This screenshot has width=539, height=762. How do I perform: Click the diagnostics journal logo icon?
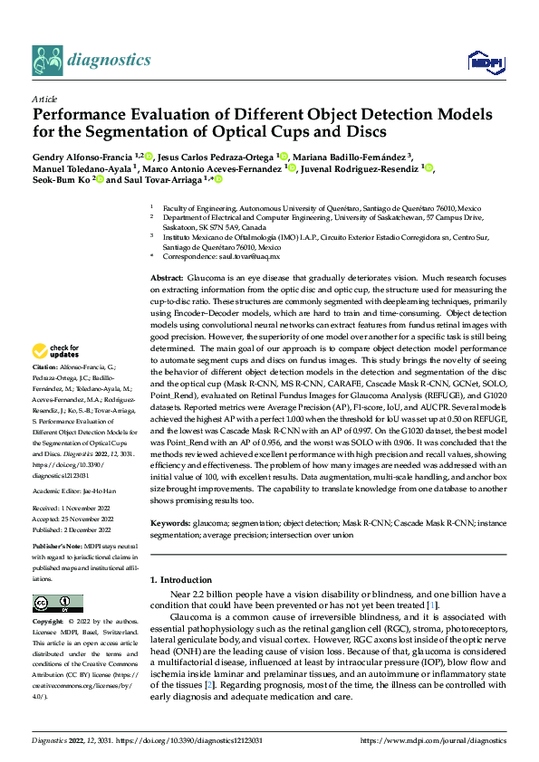coord(46,60)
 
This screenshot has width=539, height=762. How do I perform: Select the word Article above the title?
coord(44,99)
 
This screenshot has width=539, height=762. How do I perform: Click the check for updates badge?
coord(56,351)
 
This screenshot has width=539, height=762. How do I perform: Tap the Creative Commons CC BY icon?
coord(58,604)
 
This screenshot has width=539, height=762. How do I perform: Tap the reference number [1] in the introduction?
coord(433,605)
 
